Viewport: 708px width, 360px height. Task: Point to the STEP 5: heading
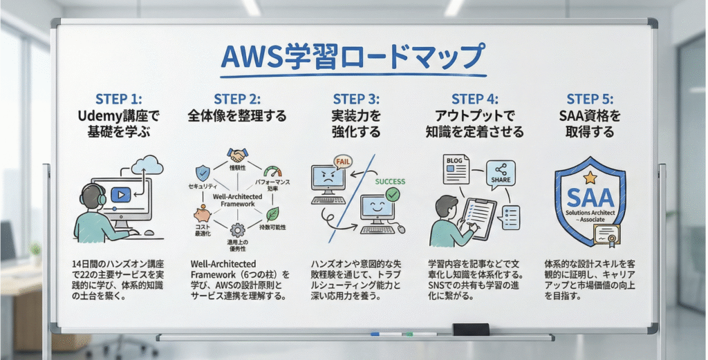pyautogui.click(x=590, y=100)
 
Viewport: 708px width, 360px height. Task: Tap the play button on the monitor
pyautogui.click(x=120, y=195)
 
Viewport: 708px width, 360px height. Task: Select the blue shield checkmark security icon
pyautogui.click(x=203, y=171)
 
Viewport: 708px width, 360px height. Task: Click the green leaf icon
pyautogui.click(x=272, y=214)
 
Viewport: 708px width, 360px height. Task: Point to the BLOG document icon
pyautogui.click(x=455, y=168)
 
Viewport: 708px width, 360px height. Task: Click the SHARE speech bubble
pyautogui.click(x=501, y=173)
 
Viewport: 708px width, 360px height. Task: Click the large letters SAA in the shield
pyautogui.click(x=590, y=198)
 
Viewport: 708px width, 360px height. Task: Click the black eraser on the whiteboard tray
pyautogui.click(x=470, y=330)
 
